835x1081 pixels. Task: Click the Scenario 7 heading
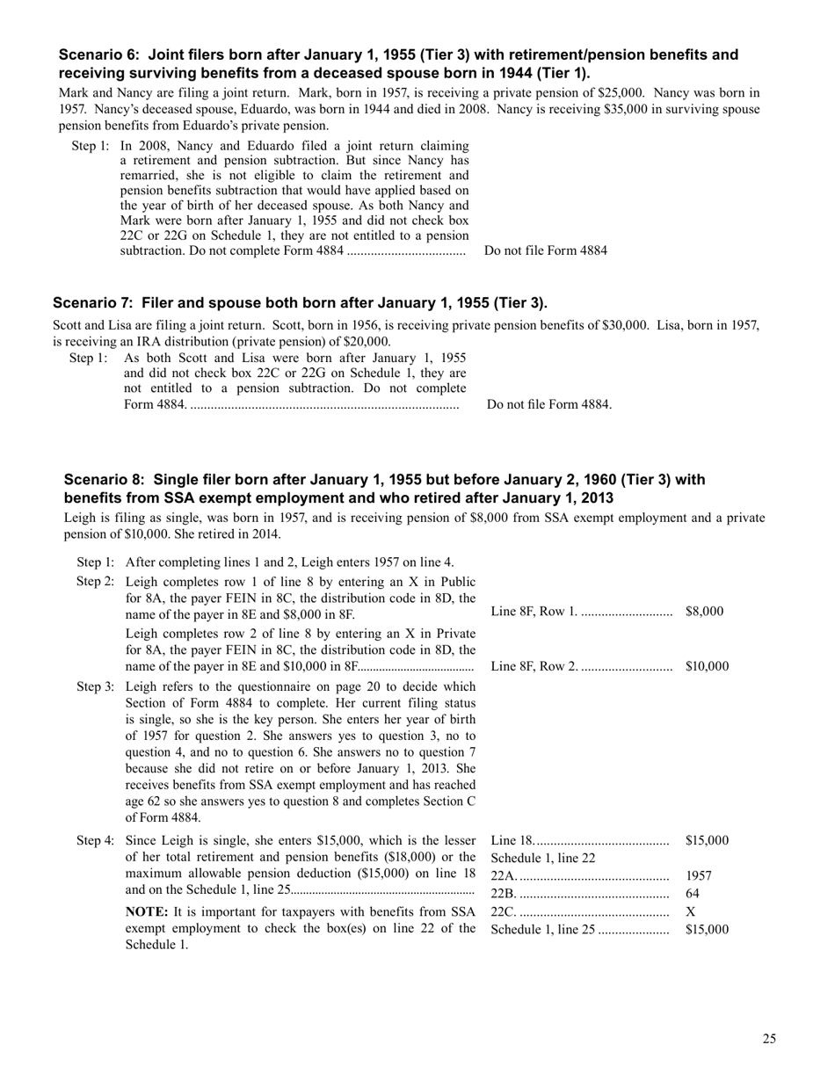coord(300,303)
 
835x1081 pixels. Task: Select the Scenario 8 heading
coord(384,489)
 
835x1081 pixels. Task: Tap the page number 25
coord(769,1039)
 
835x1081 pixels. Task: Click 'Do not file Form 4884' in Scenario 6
coord(545,250)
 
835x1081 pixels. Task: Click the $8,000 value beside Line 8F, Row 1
coord(704,612)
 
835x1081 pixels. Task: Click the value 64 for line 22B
coord(692,894)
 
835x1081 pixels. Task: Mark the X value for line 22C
coord(690,911)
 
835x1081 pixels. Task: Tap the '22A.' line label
coord(504,876)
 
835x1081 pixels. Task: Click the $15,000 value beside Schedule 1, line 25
coord(707,930)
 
